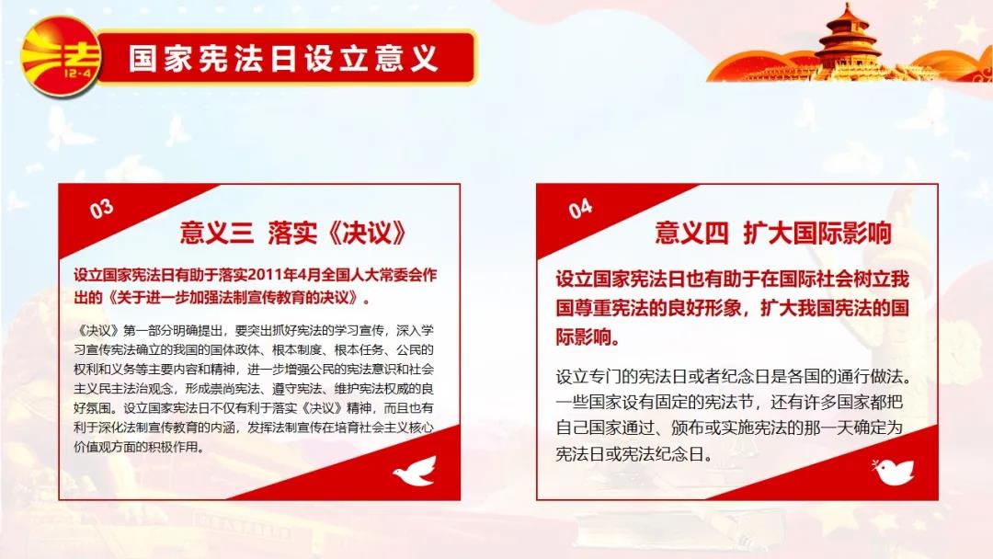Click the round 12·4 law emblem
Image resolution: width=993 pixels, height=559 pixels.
[x=61, y=57]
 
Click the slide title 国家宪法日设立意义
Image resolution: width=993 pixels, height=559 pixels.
[x=284, y=58]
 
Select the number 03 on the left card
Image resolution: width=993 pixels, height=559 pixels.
[x=101, y=209]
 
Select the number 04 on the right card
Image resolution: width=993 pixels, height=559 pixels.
[x=580, y=209]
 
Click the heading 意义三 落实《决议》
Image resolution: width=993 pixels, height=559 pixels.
[x=292, y=233]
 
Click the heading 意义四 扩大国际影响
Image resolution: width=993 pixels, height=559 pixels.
[x=773, y=233]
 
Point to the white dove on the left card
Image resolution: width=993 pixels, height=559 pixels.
[x=416, y=471]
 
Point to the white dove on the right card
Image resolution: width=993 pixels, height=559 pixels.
[x=893, y=472]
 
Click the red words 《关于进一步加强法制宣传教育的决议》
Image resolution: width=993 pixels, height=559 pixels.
[x=234, y=297]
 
